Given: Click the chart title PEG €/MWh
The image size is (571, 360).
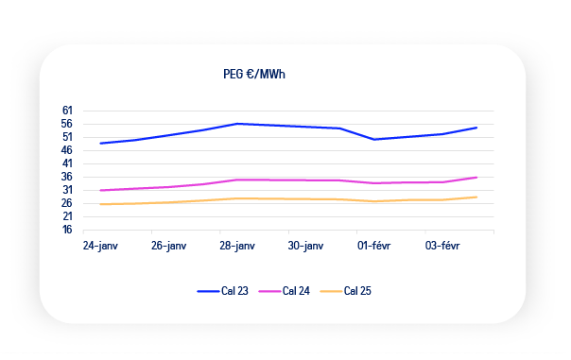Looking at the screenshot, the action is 254,75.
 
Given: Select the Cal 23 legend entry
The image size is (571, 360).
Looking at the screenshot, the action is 222,291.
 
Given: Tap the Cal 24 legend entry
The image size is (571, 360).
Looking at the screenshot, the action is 284,291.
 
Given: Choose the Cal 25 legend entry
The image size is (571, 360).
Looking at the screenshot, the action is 345,291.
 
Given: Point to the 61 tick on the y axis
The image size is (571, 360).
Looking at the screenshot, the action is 67,111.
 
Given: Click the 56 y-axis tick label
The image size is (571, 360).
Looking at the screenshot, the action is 66,124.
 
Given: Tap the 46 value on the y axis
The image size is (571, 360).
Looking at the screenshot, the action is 66,150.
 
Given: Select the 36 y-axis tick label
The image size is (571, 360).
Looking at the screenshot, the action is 66,177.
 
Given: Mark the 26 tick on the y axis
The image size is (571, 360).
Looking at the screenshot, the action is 66,203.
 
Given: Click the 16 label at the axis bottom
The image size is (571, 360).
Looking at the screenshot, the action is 67,230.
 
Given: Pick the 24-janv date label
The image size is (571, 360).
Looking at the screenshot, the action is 100,246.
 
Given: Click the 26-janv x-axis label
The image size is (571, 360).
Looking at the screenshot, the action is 169,246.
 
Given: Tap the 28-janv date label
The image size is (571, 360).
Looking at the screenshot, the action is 237,246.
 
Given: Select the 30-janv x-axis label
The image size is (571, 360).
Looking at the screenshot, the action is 305,246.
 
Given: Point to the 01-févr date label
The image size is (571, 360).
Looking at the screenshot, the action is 374,246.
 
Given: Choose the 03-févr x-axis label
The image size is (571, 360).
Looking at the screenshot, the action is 442,246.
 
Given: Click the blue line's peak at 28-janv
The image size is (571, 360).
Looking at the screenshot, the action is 237,124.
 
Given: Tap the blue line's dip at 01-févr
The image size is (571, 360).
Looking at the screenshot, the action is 374,140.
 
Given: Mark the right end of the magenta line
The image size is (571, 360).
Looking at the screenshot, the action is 476,178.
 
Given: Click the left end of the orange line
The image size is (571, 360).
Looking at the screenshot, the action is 100,204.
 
